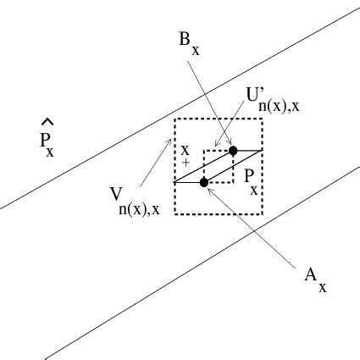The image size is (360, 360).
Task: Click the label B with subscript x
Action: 189,43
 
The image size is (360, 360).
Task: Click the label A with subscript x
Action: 310,277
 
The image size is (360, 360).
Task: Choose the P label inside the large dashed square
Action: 251,179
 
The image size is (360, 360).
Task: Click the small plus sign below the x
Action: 186,160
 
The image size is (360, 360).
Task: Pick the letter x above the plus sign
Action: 185,148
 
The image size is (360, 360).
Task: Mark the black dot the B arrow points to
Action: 233,150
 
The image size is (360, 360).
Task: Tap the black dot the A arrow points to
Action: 204,182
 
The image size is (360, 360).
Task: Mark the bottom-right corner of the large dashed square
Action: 263,213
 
